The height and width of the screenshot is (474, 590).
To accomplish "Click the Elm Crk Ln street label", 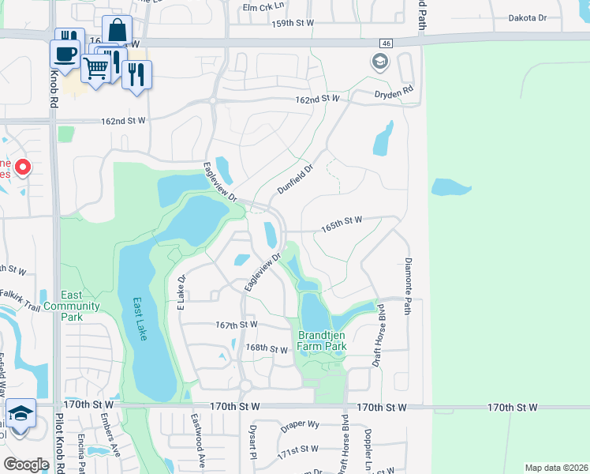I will [x=262, y=7].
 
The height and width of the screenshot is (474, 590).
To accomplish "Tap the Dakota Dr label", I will [x=549, y=17].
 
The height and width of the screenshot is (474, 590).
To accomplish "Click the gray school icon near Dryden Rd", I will [x=380, y=62].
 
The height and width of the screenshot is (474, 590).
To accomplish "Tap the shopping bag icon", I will [x=117, y=31].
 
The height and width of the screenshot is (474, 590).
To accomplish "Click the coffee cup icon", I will [x=64, y=55].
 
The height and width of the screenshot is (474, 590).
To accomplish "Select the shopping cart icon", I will [x=95, y=68].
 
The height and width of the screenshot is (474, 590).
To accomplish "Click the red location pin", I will [x=23, y=168].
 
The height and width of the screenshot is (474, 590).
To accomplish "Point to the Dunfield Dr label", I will [x=296, y=179].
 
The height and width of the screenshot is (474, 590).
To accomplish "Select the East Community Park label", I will [x=72, y=311].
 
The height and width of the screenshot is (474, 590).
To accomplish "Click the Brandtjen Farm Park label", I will [x=322, y=340].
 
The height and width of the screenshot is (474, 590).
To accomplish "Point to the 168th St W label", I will [x=267, y=348].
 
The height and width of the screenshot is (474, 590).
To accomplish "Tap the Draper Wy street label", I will [x=301, y=424].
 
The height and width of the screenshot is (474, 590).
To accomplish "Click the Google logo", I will [x=26, y=464].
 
